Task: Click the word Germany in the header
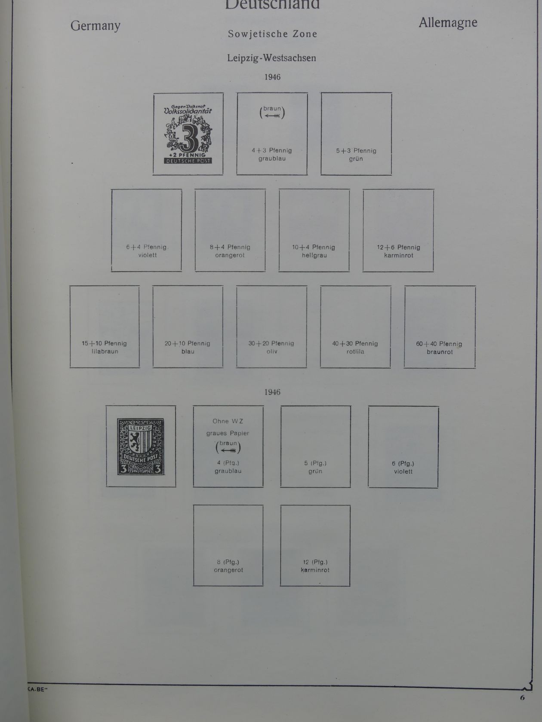[x=95, y=26]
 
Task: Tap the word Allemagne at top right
[x=448, y=23]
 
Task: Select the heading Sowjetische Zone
[x=272, y=34]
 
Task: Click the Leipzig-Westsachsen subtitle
[x=271, y=58]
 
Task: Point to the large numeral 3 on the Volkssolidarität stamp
[x=188, y=137]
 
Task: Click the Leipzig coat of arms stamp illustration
[x=141, y=447]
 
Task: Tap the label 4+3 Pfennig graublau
[x=272, y=155]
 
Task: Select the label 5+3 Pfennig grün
[x=356, y=155]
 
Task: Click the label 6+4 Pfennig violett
[x=147, y=251]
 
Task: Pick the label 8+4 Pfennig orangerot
[x=230, y=251]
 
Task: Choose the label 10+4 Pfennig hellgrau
[x=314, y=251]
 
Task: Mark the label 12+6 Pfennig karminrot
[x=398, y=251]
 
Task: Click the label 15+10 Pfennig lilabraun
[x=105, y=347]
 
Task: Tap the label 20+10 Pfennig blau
[x=188, y=347]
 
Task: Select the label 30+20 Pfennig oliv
[x=271, y=347]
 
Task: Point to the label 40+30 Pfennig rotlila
[x=355, y=347]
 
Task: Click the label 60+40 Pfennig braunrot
[x=439, y=348]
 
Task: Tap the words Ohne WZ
[x=228, y=421]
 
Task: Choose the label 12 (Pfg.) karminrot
[x=315, y=566]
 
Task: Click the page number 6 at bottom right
[x=522, y=698]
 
